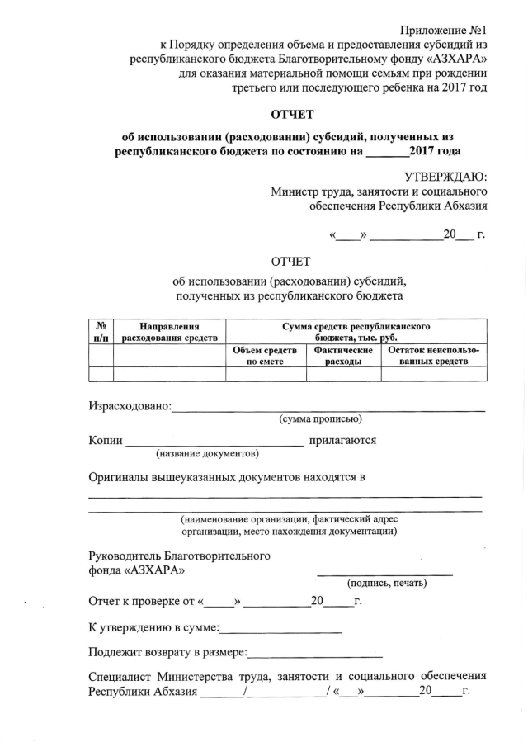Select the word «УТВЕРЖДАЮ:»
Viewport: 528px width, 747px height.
point(445,177)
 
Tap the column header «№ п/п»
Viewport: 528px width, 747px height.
point(101,331)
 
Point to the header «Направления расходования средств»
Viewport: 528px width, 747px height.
point(169,331)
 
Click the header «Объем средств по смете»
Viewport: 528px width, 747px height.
point(266,356)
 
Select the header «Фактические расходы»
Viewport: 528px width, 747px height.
point(343,356)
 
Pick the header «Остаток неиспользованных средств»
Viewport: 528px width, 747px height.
point(433,356)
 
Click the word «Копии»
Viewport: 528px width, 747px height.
point(106,441)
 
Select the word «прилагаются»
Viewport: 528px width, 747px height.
point(342,440)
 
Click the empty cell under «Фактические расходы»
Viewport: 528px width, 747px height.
point(343,374)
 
